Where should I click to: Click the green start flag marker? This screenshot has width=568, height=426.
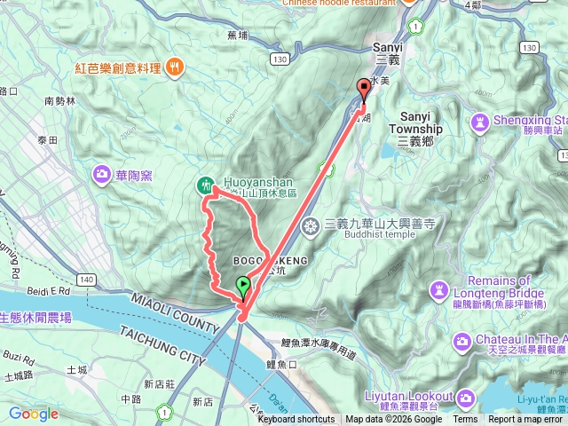pos(243,286)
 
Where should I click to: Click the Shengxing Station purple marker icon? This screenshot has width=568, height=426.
pos(479,121)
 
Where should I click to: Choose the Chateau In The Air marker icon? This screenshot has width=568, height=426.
pos(461,341)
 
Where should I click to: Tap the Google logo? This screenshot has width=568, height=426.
pos(33,414)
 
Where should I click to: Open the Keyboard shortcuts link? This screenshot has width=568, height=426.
pos(296,420)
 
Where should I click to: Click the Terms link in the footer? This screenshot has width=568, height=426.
pos(465,420)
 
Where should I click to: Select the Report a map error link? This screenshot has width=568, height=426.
pos(527,420)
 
